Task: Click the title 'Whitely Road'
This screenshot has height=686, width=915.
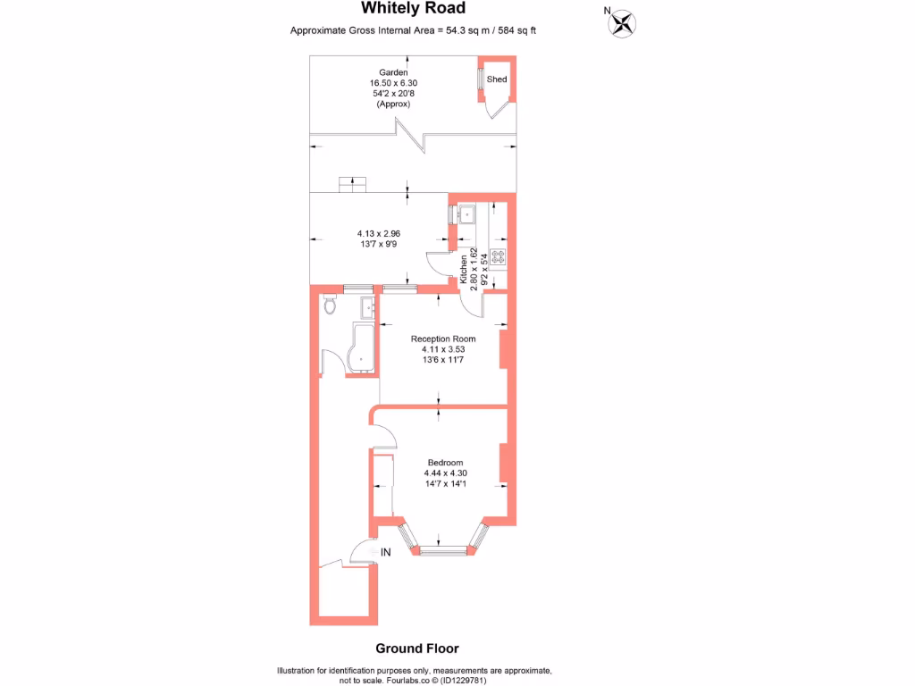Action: point(413,9)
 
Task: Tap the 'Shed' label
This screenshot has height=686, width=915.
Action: point(497,79)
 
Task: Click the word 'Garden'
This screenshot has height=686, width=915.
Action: point(393,72)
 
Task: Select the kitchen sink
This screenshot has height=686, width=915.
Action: point(466,214)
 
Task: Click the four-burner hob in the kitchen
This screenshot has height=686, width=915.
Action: point(498,256)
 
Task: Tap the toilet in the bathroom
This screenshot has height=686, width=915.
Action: point(330,305)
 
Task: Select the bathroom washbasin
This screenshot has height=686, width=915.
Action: point(367,308)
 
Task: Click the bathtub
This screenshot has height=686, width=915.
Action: point(363,347)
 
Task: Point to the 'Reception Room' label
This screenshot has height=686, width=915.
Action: point(443,339)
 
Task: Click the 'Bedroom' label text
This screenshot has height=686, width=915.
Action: point(445,462)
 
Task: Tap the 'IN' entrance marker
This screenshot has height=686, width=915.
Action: point(386,553)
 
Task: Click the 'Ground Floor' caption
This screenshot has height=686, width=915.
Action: point(417,648)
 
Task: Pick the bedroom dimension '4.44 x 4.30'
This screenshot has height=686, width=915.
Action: point(445,473)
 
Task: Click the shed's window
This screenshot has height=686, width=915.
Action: point(481,79)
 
